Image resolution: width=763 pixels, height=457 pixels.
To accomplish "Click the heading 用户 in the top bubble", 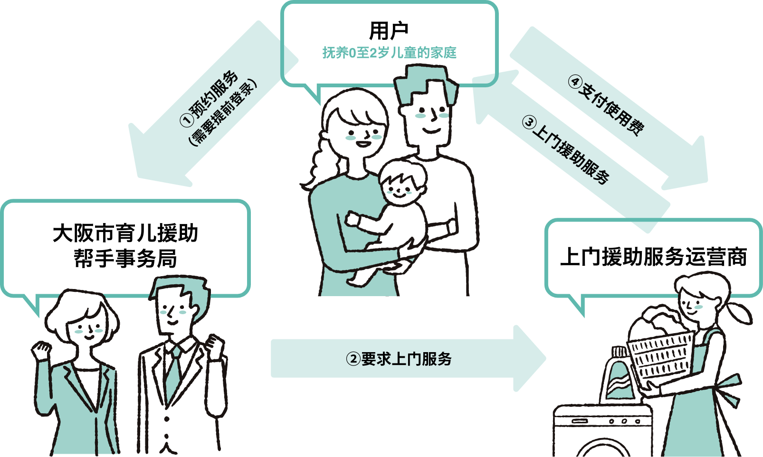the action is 389,31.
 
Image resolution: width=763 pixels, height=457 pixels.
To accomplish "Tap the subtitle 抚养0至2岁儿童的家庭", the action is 389,53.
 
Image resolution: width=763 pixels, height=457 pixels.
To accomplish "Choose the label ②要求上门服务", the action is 399,359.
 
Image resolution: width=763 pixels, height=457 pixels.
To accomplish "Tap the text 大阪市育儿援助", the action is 125,233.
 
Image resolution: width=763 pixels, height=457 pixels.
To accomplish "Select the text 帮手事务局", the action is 125,259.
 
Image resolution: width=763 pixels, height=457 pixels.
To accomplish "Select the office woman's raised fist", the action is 41,350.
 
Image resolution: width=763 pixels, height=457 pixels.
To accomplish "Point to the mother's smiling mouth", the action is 363,144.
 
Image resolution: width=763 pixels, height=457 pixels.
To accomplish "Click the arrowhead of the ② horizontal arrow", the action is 530,358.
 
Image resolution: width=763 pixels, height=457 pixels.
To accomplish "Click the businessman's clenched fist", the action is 215,347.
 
